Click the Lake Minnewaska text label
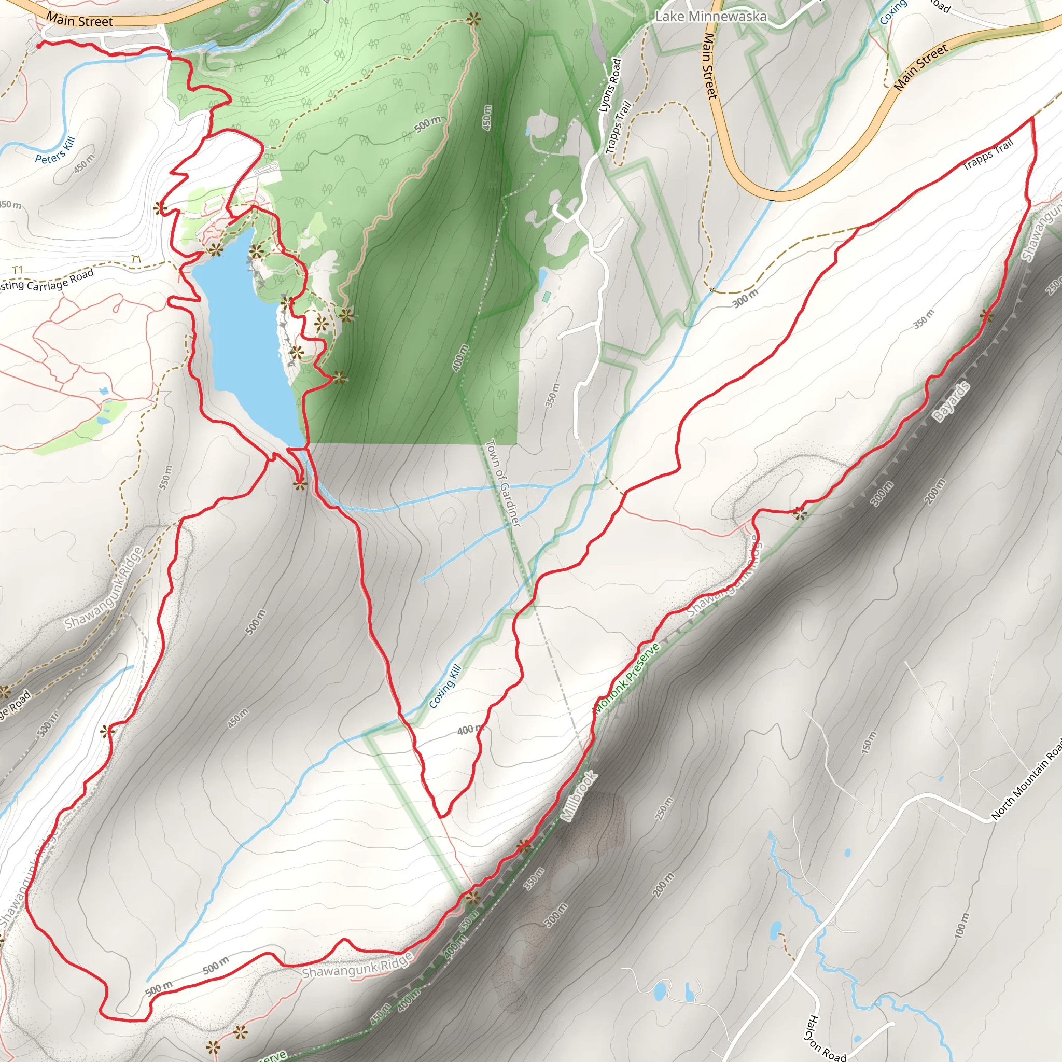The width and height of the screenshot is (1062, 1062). [x=711, y=17]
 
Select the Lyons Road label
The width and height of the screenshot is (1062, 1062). [x=610, y=86]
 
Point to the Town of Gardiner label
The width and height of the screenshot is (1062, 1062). [x=503, y=483]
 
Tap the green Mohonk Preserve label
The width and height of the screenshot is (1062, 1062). [x=626, y=678]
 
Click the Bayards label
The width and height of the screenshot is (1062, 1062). [x=952, y=402]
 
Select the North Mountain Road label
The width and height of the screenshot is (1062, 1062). [x=1027, y=785]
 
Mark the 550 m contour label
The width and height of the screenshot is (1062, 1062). [x=165, y=477]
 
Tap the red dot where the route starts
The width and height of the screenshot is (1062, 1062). [x=39, y=46]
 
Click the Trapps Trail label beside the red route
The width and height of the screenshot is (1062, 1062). [x=988, y=155]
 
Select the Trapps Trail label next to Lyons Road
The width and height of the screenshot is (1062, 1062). [x=619, y=127]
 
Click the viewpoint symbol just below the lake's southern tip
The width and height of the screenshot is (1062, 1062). [x=300, y=484]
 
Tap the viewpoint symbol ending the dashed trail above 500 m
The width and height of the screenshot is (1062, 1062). [x=473, y=20]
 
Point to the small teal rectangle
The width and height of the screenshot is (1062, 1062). [x=547, y=296]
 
